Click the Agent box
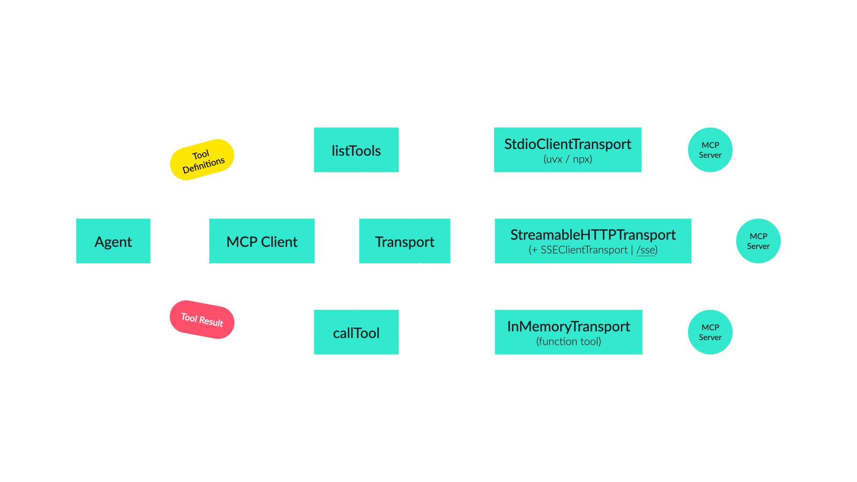click(x=113, y=241)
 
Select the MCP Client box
click(x=262, y=241)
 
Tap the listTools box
click(x=356, y=150)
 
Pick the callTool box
click(x=356, y=332)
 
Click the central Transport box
click(x=404, y=241)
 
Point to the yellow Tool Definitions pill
click(x=202, y=160)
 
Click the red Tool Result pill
click(x=202, y=320)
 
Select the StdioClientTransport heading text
click(x=567, y=144)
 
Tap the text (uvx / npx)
click(x=567, y=159)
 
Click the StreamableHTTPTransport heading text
click(x=593, y=235)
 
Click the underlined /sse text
click(x=646, y=250)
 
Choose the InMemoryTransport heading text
click(x=568, y=326)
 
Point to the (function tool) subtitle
click(x=568, y=341)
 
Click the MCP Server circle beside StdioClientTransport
click(x=710, y=150)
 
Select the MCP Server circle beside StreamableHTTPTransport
click(x=758, y=241)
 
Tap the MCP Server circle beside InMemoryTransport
click(x=710, y=332)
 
